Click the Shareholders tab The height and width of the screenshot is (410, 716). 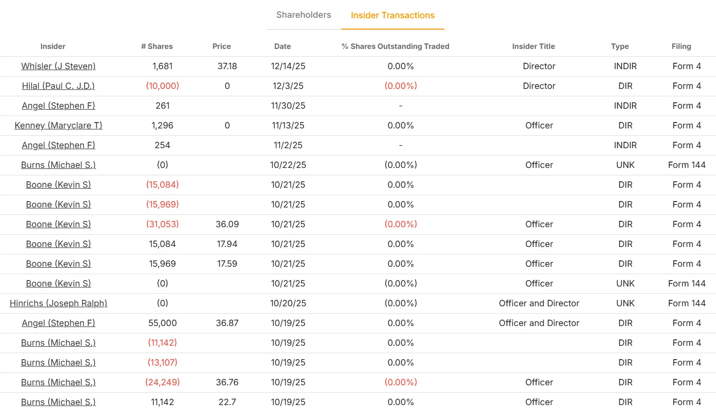304,15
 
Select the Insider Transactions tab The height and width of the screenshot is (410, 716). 393,15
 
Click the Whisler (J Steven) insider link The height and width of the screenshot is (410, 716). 58,66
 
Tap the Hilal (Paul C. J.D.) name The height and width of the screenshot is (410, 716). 58,86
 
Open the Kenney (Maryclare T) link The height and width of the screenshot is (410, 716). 58,125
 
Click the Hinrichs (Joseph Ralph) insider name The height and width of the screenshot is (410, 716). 58,303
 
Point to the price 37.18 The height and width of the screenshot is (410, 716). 227,66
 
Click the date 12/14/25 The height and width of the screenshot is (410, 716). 288,66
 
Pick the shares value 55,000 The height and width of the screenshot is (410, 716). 162,323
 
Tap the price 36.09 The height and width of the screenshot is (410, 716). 227,224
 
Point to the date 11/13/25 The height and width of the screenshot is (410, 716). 288,125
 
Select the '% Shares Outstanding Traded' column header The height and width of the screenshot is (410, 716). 396,46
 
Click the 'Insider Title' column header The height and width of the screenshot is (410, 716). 533,46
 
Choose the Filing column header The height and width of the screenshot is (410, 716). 681,46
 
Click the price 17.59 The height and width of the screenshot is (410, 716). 227,264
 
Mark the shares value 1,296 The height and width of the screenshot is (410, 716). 162,125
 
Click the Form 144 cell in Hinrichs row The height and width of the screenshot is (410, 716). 687,303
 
